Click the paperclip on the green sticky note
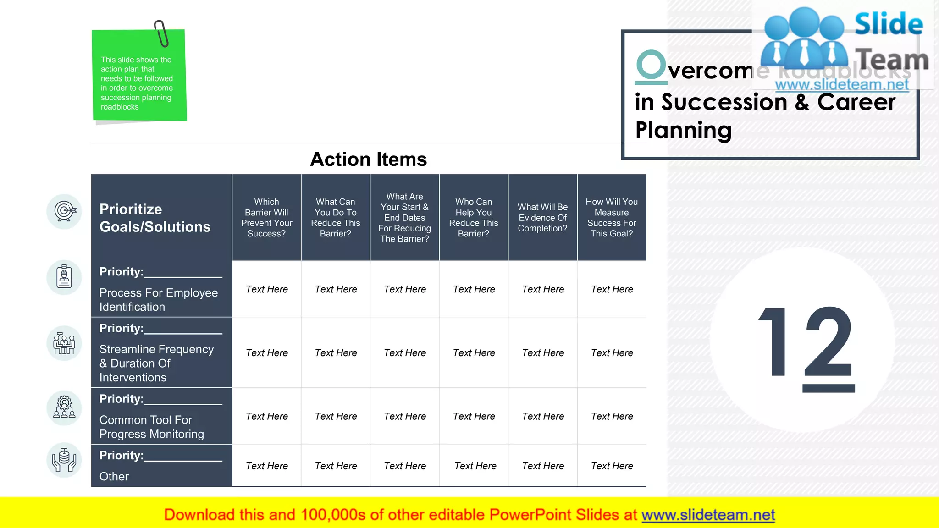pos(161,33)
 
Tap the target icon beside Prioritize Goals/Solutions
pos(65,211)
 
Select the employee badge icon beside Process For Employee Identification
pos(65,277)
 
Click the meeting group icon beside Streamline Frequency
pos(65,343)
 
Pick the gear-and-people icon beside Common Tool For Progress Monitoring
pos(65,408)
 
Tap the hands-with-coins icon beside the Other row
pos(65,460)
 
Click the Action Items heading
pos(368,159)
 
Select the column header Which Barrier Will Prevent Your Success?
pos(266,218)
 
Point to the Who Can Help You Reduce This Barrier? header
pos(474,218)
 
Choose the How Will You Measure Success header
pos(612,218)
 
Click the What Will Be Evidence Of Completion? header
pos(542,218)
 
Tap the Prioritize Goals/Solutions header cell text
pos(155,218)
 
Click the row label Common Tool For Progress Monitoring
pos(151,427)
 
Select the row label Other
pos(114,477)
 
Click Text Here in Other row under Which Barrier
pos(267,466)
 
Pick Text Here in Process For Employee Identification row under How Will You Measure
pos(612,289)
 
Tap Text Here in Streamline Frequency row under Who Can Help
pos(474,353)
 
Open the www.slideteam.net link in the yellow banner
pos(708,515)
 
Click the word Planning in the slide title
pos(683,130)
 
